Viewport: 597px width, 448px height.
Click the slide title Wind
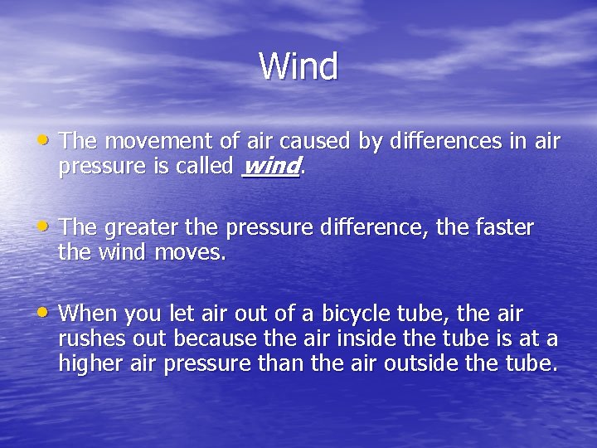pyautogui.click(x=298, y=66)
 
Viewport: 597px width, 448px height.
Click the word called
pyautogui.click(x=206, y=166)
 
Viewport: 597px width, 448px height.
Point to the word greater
pyautogui.click(x=142, y=227)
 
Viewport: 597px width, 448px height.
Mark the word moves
pyautogui.click(x=192, y=252)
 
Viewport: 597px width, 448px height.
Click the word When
pyautogui.click(x=87, y=314)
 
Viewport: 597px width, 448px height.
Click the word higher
pyautogui.click(x=87, y=363)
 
